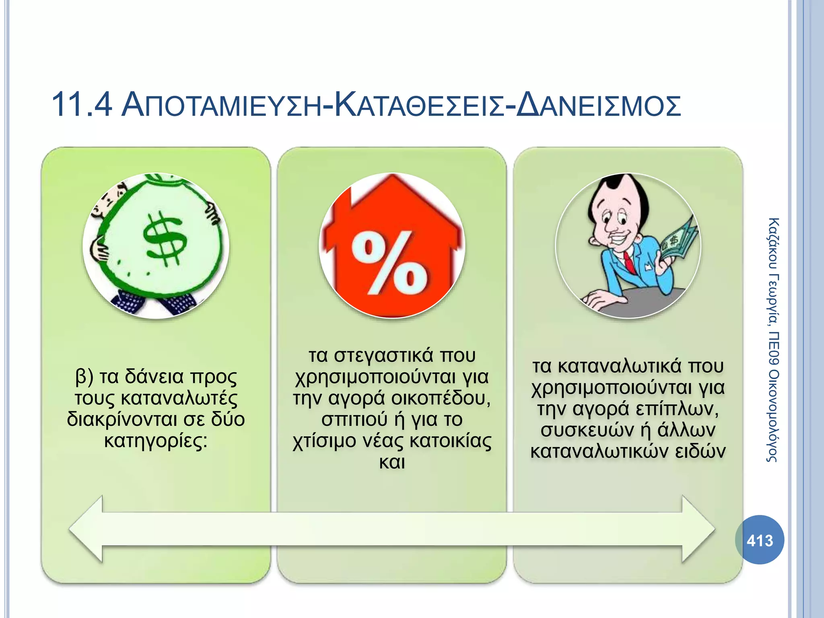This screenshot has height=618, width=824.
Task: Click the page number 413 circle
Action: tap(760, 540)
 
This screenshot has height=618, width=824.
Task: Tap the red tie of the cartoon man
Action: tap(629, 262)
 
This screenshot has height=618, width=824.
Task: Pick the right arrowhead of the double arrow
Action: tap(698, 529)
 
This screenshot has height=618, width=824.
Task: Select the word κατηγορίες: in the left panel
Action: tap(156, 441)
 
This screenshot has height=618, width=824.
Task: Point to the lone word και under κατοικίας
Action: tap(392, 462)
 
